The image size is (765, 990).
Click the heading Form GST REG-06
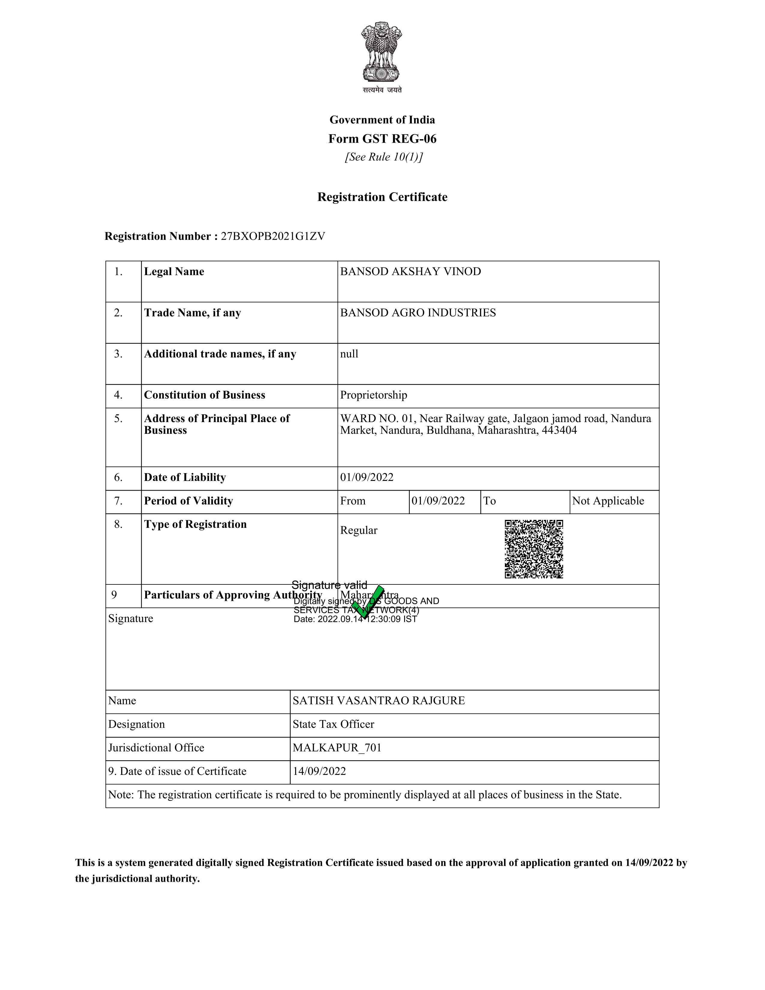click(382, 139)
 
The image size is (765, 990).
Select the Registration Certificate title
click(382, 197)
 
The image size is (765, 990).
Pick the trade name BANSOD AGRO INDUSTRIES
click(418, 313)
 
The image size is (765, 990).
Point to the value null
click(349, 354)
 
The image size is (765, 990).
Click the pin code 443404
click(559, 430)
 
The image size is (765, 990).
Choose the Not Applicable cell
click(608, 501)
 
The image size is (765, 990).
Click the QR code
click(534, 549)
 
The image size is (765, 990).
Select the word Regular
click(358, 531)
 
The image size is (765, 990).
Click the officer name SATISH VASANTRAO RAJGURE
click(378, 701)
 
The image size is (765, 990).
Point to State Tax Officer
click(333, 724)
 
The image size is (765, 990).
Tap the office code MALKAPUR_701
click(337, 748)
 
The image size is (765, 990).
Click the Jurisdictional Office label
click(156, 748)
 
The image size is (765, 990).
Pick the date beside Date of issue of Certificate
click(319, 772)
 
